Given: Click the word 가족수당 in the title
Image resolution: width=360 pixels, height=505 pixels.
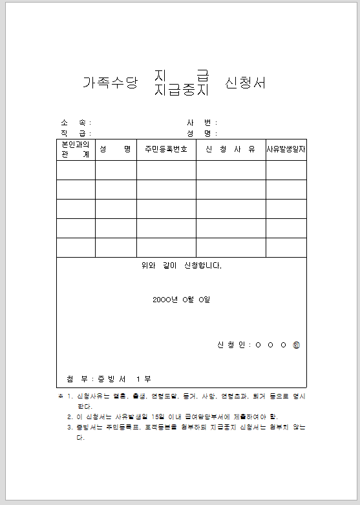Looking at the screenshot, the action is click(111, 83).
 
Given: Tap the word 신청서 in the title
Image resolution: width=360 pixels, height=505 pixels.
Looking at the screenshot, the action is click(246, 83).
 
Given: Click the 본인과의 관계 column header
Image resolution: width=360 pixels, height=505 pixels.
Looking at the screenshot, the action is click(76, 150).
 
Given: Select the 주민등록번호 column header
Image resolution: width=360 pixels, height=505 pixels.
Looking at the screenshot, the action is click(166, 150).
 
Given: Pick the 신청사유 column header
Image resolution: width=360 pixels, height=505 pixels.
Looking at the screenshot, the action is click(231, 150).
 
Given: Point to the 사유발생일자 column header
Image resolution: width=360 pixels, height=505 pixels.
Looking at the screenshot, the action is click(286, 150).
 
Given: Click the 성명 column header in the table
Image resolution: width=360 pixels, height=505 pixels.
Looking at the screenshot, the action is click(116, 150).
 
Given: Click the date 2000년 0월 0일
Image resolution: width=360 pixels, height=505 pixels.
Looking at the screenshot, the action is click(182, 300).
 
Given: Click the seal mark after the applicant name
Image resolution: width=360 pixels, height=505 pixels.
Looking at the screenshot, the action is click(296, 345).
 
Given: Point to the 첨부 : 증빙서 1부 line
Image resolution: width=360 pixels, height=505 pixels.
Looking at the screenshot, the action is click(109, 378).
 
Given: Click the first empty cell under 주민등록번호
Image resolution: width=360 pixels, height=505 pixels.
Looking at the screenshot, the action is click(166, 170).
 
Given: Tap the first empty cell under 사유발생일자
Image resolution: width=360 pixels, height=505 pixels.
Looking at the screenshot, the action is click(286, 170).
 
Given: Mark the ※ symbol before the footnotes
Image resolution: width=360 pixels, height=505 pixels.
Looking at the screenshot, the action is click(60, 395).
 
